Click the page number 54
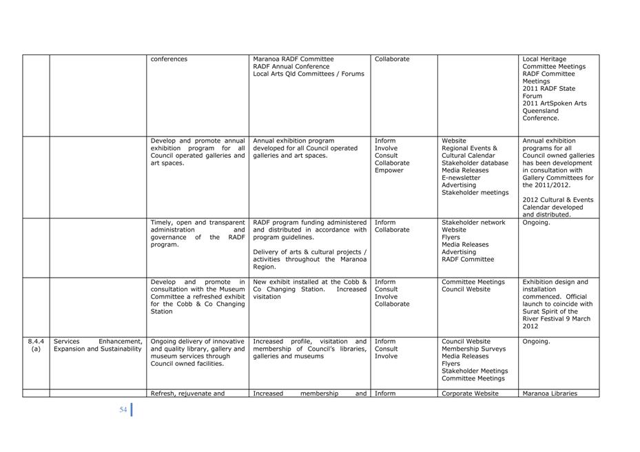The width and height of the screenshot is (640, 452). click(x=123, y=410)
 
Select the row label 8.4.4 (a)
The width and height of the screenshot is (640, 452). click(x=36, y=345)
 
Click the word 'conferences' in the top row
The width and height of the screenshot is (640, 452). click(x=169, y=59)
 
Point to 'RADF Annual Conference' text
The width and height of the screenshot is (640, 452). click(x=291, y=67)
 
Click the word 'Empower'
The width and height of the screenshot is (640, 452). click(x=389, y=170)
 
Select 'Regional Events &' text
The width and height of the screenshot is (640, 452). click(x=469, y=148)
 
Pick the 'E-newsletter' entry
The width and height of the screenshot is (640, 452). click(x=461, y=178)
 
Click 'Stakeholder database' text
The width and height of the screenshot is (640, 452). click(x=475, y=163)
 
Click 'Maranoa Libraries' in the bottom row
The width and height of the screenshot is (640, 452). click(x=550, y=393)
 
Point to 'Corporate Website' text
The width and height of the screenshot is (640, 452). click(x=470, y=393)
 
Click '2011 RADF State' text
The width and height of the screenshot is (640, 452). click(x=548, y=89)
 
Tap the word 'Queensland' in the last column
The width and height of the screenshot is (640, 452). click(x=541, y=111)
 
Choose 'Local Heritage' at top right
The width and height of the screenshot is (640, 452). click(x=544, y=59)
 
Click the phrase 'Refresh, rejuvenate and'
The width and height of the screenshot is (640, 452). click(x=187, y=393)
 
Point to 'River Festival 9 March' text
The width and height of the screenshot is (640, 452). click(x=557, y=319)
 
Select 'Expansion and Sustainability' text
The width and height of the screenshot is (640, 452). click(x=97, y=349)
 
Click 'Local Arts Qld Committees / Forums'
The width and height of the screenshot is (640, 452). click(x=309, y=74)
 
